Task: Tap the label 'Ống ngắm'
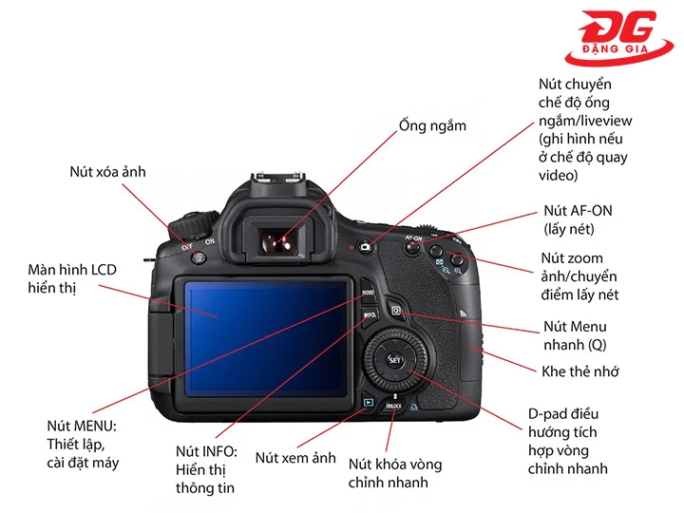point(432,125)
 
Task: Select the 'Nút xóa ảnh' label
point(107,172)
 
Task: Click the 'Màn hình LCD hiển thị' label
point(72,278)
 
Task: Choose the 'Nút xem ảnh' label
point(295,458)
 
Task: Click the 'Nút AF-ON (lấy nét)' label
point(577,219)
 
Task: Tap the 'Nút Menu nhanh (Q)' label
point(575,335)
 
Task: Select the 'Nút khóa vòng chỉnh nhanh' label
point(394,473)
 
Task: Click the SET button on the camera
point(395,360)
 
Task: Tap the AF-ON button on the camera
point(413,248)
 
